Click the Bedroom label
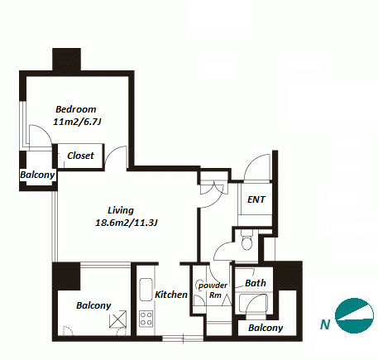76,109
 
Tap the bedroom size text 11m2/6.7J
77,122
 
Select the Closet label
80,156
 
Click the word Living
121,210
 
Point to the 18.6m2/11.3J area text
127,223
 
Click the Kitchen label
171,295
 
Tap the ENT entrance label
256,199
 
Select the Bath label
256,283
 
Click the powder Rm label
213,290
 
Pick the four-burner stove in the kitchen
146,319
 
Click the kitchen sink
146,290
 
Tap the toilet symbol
246,242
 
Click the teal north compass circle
354,315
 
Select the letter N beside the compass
325,324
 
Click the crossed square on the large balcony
118,319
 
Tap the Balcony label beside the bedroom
37,175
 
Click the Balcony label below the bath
266,328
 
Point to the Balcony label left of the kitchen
93,305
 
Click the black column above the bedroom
66,60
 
